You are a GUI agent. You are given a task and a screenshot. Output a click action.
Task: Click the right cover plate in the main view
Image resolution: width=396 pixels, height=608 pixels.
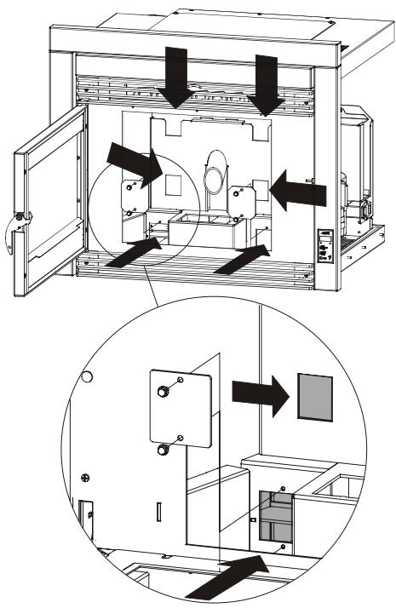pos(242,199)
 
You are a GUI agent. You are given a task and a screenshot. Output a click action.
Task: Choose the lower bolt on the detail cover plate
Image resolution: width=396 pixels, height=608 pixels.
pos(161,447)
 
